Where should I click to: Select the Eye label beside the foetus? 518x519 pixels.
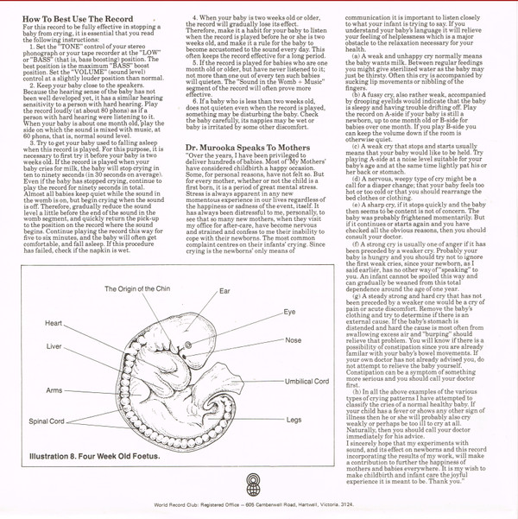click(x=290, y=311)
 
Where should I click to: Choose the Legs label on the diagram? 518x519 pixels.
click(x=294, y=419)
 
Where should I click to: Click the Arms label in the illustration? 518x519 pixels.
click(x=54, y=390)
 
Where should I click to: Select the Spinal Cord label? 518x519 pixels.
click(x=47, y=421)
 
